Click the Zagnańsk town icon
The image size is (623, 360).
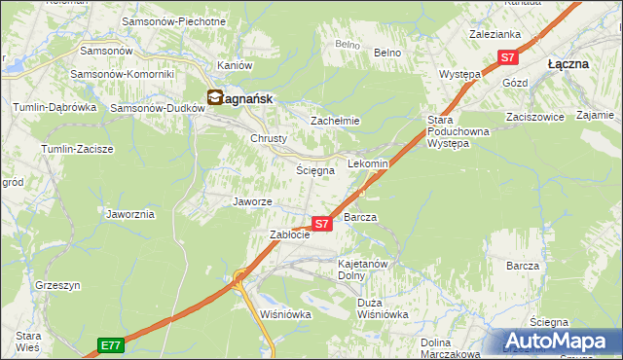coord(215,96)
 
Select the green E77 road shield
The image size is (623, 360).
coord(111,345)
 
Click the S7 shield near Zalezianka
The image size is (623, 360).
coord(507,58)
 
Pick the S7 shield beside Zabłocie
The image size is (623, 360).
coord(323,224)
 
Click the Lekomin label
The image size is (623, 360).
coord(368,164)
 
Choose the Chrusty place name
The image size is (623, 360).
coord(269,138)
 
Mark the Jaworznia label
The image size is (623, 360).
coord(131,213)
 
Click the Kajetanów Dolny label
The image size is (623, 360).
coord(363,270)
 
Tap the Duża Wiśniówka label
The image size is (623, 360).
coord(383,308)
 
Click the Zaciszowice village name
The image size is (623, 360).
coord(534,117)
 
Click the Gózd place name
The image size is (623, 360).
coord(515,84)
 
